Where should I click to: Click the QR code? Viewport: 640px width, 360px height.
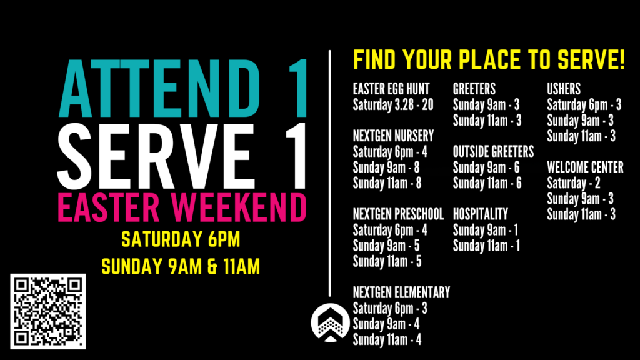[48, 311]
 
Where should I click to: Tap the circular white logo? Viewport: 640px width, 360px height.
[330, 323]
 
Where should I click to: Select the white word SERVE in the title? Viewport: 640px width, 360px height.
[156, 156]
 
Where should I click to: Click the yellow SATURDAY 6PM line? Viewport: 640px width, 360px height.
[181, 239]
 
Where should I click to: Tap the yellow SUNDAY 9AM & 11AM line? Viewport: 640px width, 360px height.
[181, 267]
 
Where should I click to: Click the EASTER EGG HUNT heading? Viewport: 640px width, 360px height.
[391, 89]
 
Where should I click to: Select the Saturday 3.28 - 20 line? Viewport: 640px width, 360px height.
[393, 104]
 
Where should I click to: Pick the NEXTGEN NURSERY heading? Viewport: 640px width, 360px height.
[393, 136]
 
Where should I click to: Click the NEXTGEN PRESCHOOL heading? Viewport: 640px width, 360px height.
[398, 214]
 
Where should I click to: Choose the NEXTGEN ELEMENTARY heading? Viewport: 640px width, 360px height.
[401, 292]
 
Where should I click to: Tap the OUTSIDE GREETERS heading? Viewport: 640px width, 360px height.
[494, 151]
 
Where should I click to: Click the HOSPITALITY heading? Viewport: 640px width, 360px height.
[481, 214]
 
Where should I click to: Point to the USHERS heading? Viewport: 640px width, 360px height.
[564, 89]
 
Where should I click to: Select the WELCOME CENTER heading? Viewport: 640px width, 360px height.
[585, 167]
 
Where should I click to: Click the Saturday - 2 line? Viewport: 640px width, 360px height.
[574, 183]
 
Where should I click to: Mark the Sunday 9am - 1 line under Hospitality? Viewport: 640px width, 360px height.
[486, 230]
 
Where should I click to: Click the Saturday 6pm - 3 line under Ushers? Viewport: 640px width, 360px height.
[584, 104]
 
